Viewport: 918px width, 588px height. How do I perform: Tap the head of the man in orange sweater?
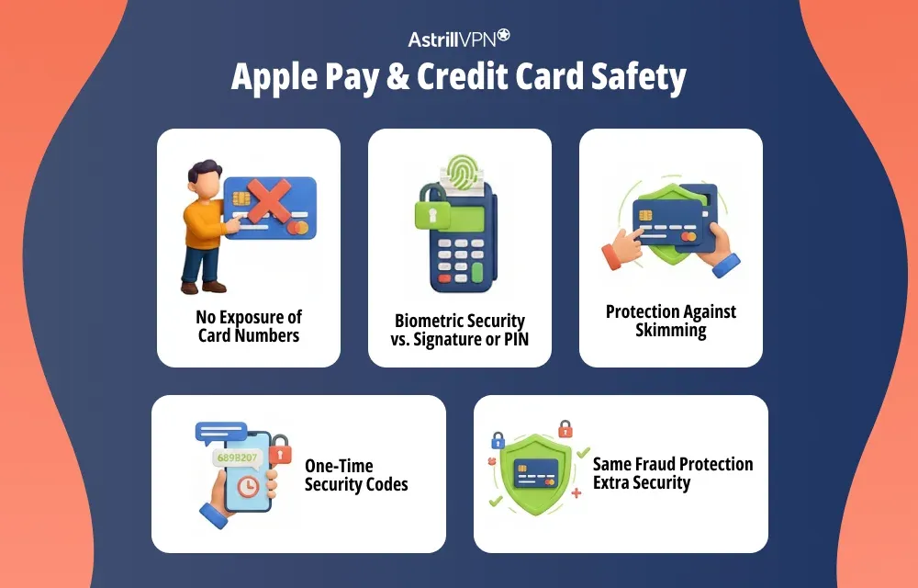(207, 178)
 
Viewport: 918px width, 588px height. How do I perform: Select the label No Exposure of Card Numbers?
(249, 326)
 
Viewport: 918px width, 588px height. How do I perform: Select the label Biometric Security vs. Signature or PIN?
(460, 330)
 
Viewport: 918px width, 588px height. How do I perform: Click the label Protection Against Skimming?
(671, 321)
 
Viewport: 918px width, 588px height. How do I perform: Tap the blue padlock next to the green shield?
(498, 440)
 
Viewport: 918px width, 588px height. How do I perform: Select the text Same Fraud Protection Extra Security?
(672, 473)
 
